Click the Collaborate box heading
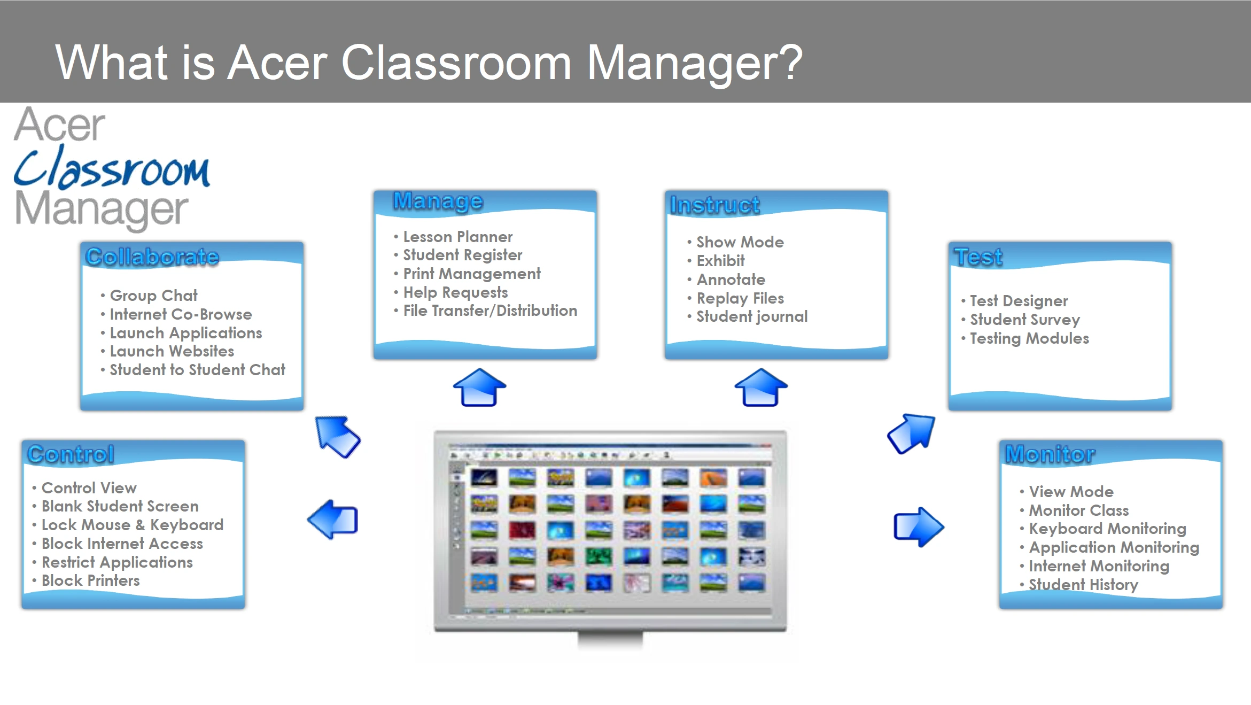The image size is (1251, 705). pos(152,257)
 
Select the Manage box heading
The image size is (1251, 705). pos(438,201)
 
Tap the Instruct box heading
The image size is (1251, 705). pos(715,205)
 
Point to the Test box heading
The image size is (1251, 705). pos(978,257)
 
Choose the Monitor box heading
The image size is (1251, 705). pos(1050,454)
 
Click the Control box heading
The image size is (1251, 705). pos(71,454)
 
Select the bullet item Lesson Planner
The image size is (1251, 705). pos(458,237)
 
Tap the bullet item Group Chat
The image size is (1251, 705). pos(153,296)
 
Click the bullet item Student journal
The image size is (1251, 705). pos(752,316)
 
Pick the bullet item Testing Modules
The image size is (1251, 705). pos(1029,338)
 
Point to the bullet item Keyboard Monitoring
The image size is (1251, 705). pos(1107,529)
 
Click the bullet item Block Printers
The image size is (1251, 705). pos(90,580)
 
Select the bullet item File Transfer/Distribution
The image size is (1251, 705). pos(490,311)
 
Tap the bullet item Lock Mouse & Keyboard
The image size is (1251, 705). pos(133,525)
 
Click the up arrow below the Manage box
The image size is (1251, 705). pos(479,387)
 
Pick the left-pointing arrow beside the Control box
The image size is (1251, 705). pos(333,520)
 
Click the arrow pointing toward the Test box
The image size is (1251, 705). pos(912,433)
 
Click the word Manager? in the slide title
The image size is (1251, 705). pos(695,63)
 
